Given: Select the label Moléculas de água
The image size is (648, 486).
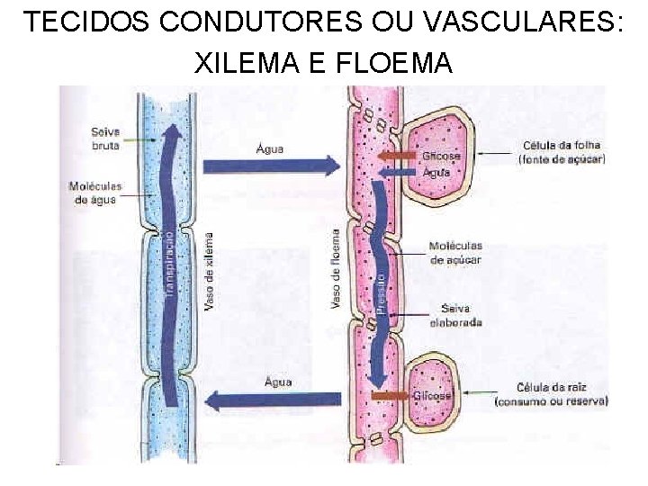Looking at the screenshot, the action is [x=95, y=193].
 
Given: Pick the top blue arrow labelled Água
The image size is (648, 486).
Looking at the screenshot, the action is [x=271, y=166].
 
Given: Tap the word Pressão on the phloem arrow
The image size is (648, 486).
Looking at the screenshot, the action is [x=380, y=292].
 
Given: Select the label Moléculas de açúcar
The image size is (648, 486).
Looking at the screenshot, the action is [x=455, y=253].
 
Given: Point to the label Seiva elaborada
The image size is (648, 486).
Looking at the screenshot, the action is [x=455, y=315].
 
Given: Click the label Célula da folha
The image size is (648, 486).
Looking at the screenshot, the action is [x=561, y=146].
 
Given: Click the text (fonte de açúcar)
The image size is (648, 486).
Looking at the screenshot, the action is [x=562, y=159].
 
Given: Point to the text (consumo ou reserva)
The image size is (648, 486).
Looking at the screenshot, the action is [x=551, y=400].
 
